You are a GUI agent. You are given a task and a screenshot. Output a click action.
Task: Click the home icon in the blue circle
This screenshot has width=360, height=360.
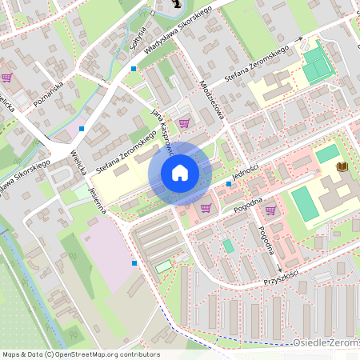tap(179, 173)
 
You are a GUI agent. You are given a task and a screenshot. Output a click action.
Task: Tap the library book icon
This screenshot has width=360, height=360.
tap(342, 166)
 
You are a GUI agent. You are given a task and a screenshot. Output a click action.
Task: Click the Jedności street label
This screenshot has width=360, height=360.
tap(250, 170)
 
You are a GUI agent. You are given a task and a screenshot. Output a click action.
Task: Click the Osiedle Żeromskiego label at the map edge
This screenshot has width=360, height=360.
tap(329, 344)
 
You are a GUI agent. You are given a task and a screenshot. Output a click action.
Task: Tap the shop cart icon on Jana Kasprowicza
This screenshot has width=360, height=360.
tap(184, 123)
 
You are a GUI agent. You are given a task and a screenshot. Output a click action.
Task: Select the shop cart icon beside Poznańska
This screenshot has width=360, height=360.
tap(6, 78)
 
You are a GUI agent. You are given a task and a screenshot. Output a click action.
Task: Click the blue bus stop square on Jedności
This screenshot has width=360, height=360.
tap(229, 184)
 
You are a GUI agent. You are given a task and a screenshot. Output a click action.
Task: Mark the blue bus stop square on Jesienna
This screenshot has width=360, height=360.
tap(134, 262)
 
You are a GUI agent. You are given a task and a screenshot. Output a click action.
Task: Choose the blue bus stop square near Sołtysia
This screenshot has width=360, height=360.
tap(134, 69)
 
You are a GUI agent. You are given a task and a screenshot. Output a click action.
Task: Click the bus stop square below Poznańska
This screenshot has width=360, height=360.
tap(81, 128)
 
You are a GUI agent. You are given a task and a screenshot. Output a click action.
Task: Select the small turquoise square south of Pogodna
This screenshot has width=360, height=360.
tap(229, 246)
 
